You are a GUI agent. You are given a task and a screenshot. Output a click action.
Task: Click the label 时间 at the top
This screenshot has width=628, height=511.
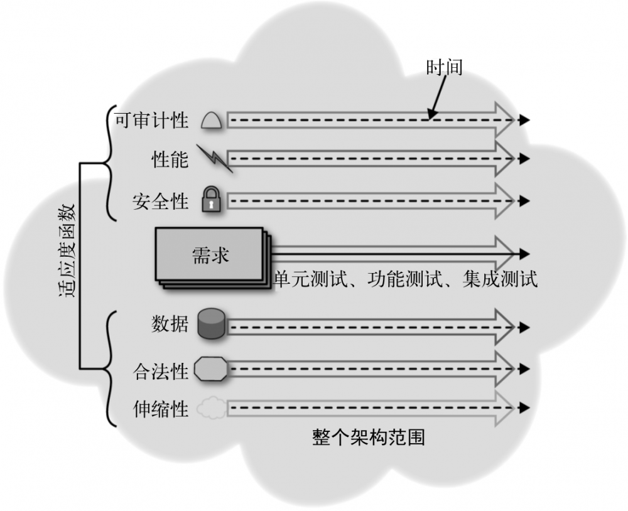(444, 67)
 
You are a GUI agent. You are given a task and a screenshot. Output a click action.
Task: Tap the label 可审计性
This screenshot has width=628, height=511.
(151, 120)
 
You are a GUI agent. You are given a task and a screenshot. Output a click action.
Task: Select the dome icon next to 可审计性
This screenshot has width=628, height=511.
(212, 119)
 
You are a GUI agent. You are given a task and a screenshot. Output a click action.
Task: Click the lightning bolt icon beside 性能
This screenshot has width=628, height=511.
(214, 158)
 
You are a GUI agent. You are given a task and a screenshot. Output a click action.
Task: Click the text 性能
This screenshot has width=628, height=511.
(170, 159)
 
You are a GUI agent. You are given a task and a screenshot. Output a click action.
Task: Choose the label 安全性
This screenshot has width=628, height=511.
(160, 202)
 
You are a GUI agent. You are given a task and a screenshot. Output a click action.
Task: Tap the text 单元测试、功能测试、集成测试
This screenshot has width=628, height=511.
(406, 278)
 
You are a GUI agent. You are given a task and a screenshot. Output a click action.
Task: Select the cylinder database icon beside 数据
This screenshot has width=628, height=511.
(211, 324)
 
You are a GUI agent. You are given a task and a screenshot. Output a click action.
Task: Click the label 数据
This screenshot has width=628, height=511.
(170, 324)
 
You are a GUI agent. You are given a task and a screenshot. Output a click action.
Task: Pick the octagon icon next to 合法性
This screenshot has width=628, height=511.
(211, 368)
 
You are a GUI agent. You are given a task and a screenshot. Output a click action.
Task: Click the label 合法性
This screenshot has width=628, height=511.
(160, 371)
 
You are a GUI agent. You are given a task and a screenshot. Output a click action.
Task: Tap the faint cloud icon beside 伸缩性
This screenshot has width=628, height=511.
(210, 409)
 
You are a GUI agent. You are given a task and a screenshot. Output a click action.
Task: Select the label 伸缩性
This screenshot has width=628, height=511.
(160, 410)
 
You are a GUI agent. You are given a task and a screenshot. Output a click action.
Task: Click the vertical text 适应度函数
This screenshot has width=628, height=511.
(68, 249)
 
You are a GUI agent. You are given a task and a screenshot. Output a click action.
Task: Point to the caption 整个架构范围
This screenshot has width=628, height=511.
(368, 437)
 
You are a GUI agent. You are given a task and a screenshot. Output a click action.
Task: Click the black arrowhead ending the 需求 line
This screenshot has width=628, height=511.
(525, 254)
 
